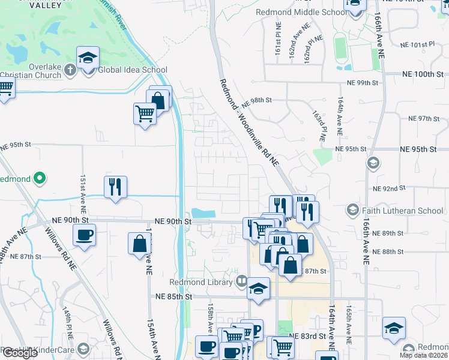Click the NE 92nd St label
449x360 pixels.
pos(389,188)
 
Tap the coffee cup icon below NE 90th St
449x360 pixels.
pos(85,234)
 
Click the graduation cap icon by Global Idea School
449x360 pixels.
pos(88,58)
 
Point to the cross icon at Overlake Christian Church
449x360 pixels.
pos(70,70)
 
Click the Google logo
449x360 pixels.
pos(20,353)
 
